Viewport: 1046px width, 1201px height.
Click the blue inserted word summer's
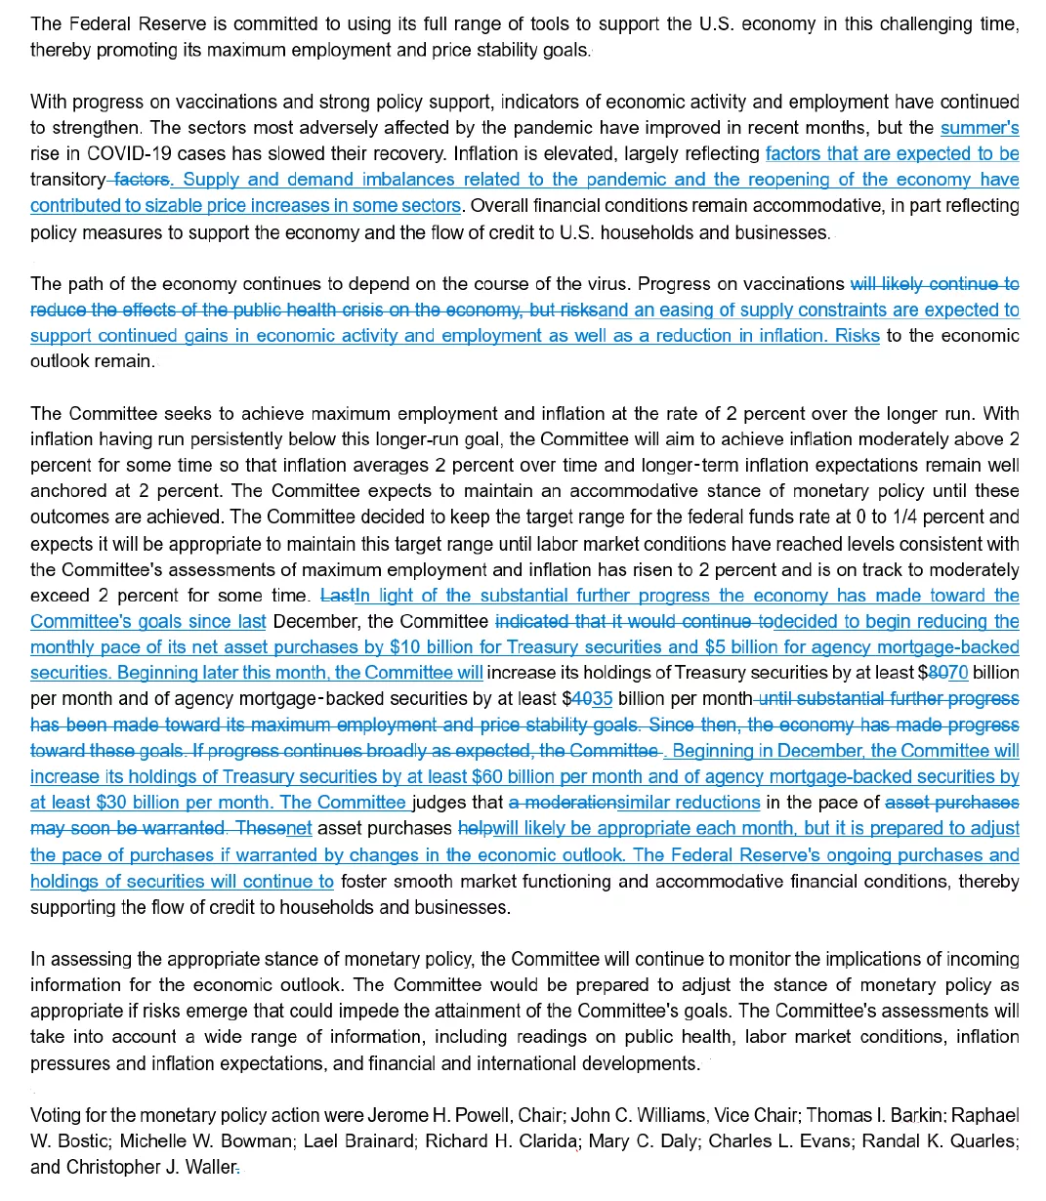coord(980,128)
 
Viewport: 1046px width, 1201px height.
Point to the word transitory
coord(66,181)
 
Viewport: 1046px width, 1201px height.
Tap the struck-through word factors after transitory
coord(143,181)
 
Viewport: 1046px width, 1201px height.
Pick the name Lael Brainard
coord(356,1141)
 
